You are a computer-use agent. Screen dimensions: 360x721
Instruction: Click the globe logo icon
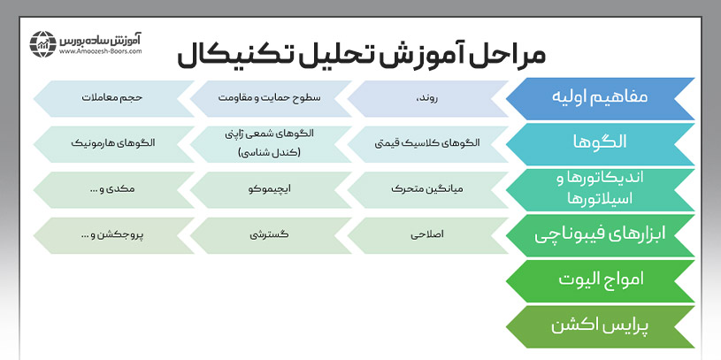(x=42, y=43)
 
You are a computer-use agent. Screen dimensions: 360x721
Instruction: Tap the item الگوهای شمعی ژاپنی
(x=271, y=142)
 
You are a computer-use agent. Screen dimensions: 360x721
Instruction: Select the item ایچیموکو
(x=271, y=189)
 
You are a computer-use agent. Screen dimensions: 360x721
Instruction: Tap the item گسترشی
(x=271, y=235)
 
